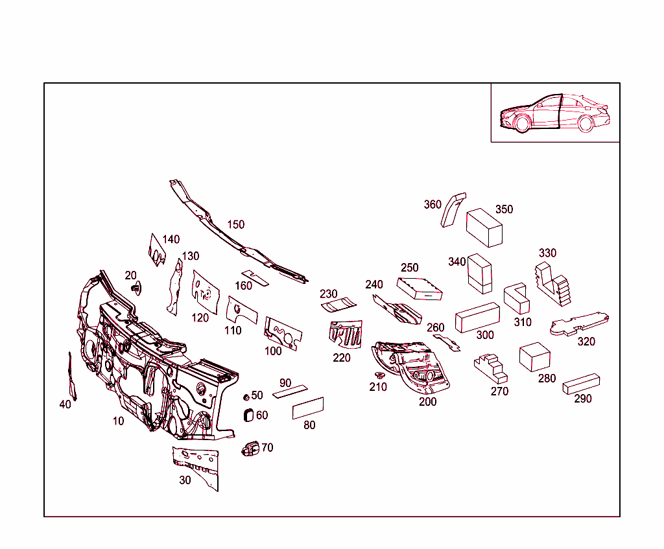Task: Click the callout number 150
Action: coord(236,224)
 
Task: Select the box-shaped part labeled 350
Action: coord(484,228)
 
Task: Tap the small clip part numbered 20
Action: coord(136,288)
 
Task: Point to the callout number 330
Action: coord(547,253)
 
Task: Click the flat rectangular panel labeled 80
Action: coord(308,408)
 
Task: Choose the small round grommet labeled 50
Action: coord(246,397)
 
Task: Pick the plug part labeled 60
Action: coord(248,415)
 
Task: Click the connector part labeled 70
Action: coord(250,449)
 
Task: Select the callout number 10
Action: coord(118,421)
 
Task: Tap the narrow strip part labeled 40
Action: coord(72,376)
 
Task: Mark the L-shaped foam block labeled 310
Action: coord(517,298)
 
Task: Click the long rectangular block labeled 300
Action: coord(477,318)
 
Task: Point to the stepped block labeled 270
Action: coord(491,369)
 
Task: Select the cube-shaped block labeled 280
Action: coord(534,357)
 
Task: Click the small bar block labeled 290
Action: coord(581,384)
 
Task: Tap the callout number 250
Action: coord(410,268)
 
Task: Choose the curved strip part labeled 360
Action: coord(453,210)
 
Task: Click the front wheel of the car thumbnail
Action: coord(522,124)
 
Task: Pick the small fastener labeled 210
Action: coord(379,375)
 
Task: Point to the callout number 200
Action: coord(428,401)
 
